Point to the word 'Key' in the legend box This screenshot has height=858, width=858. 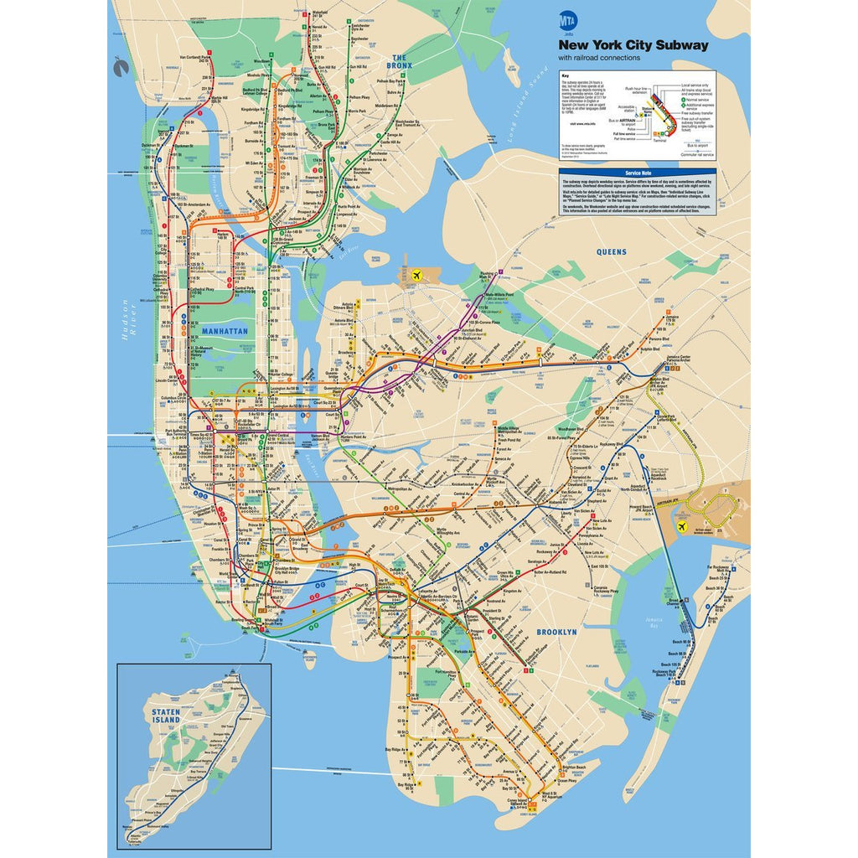pyautogui.click(x=565, y=75)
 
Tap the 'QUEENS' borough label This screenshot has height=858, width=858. pyautogui.click(x=611, y=251)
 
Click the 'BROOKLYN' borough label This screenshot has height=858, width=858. pyautogui.click(x=556, y=633)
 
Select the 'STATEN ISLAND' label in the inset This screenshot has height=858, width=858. pyautogui.click(x=166, y=716)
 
